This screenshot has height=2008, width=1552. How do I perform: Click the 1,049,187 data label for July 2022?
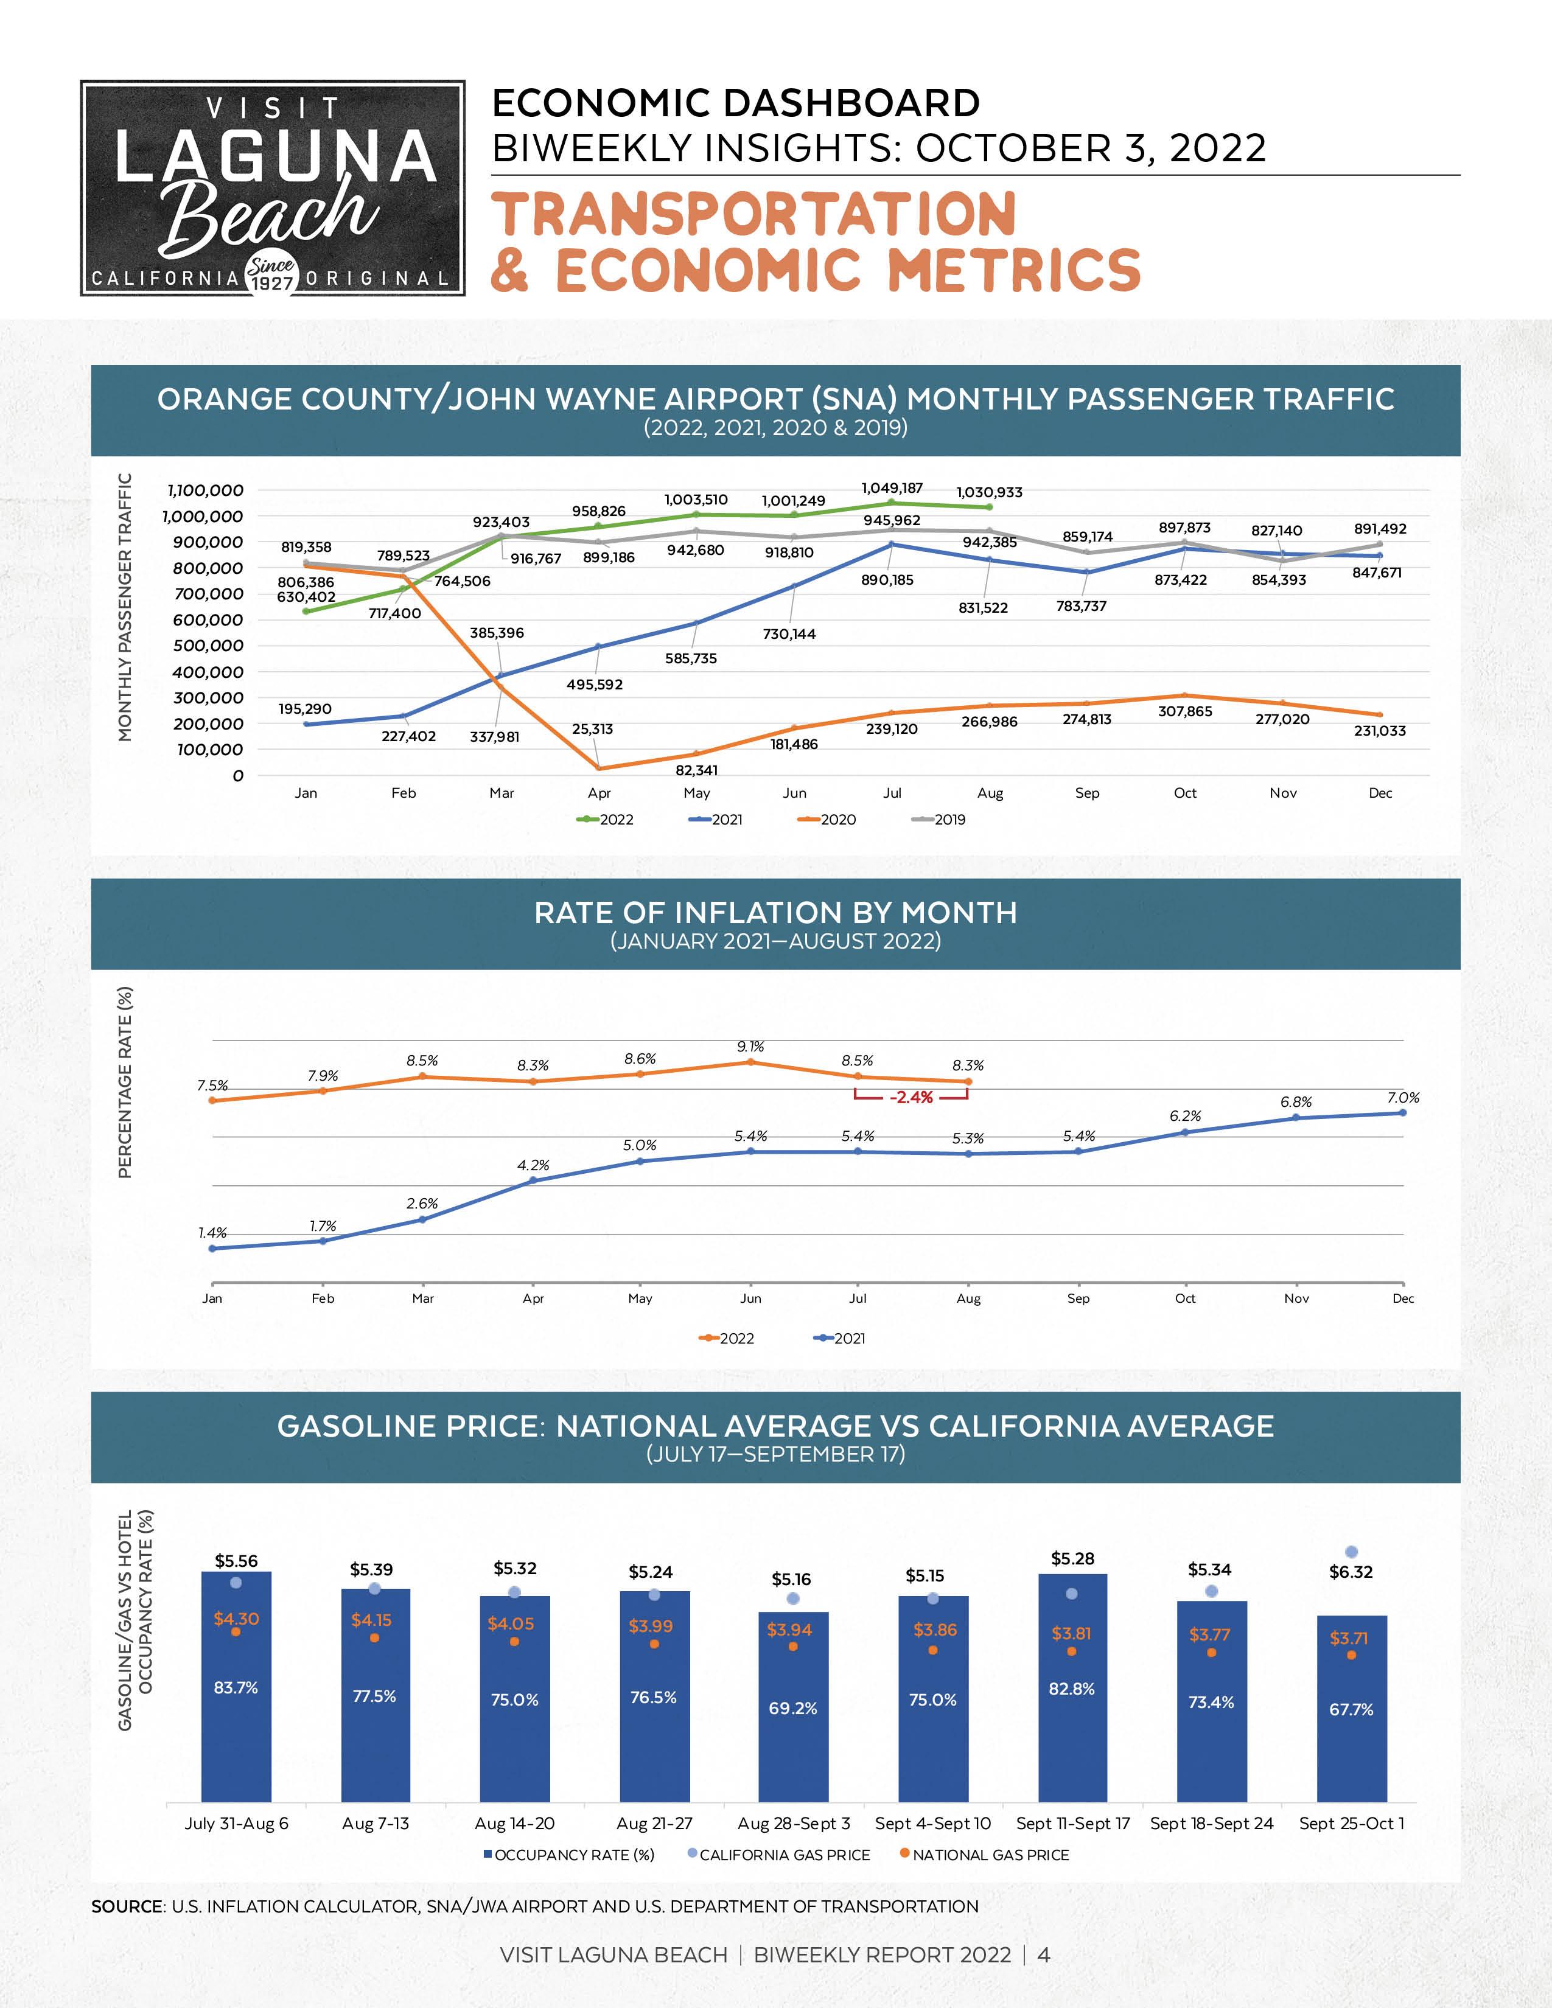click(892, 488)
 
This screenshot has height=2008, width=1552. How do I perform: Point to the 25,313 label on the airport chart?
click(592, 729)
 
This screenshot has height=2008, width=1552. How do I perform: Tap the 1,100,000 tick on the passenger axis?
click(205, 490)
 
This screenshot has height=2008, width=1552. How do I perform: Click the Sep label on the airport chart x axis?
click(1087, 792)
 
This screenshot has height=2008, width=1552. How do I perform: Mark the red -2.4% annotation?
click(911, 1097)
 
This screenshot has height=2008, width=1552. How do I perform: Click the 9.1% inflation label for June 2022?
click(750, 1047)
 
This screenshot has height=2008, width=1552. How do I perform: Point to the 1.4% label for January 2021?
click(212, 1233)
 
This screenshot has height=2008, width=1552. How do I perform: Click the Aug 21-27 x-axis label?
click(654, 1822)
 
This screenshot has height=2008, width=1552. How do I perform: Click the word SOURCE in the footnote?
click(127, 1906)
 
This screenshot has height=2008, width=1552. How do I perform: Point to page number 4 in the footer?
click(1044, 1954)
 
